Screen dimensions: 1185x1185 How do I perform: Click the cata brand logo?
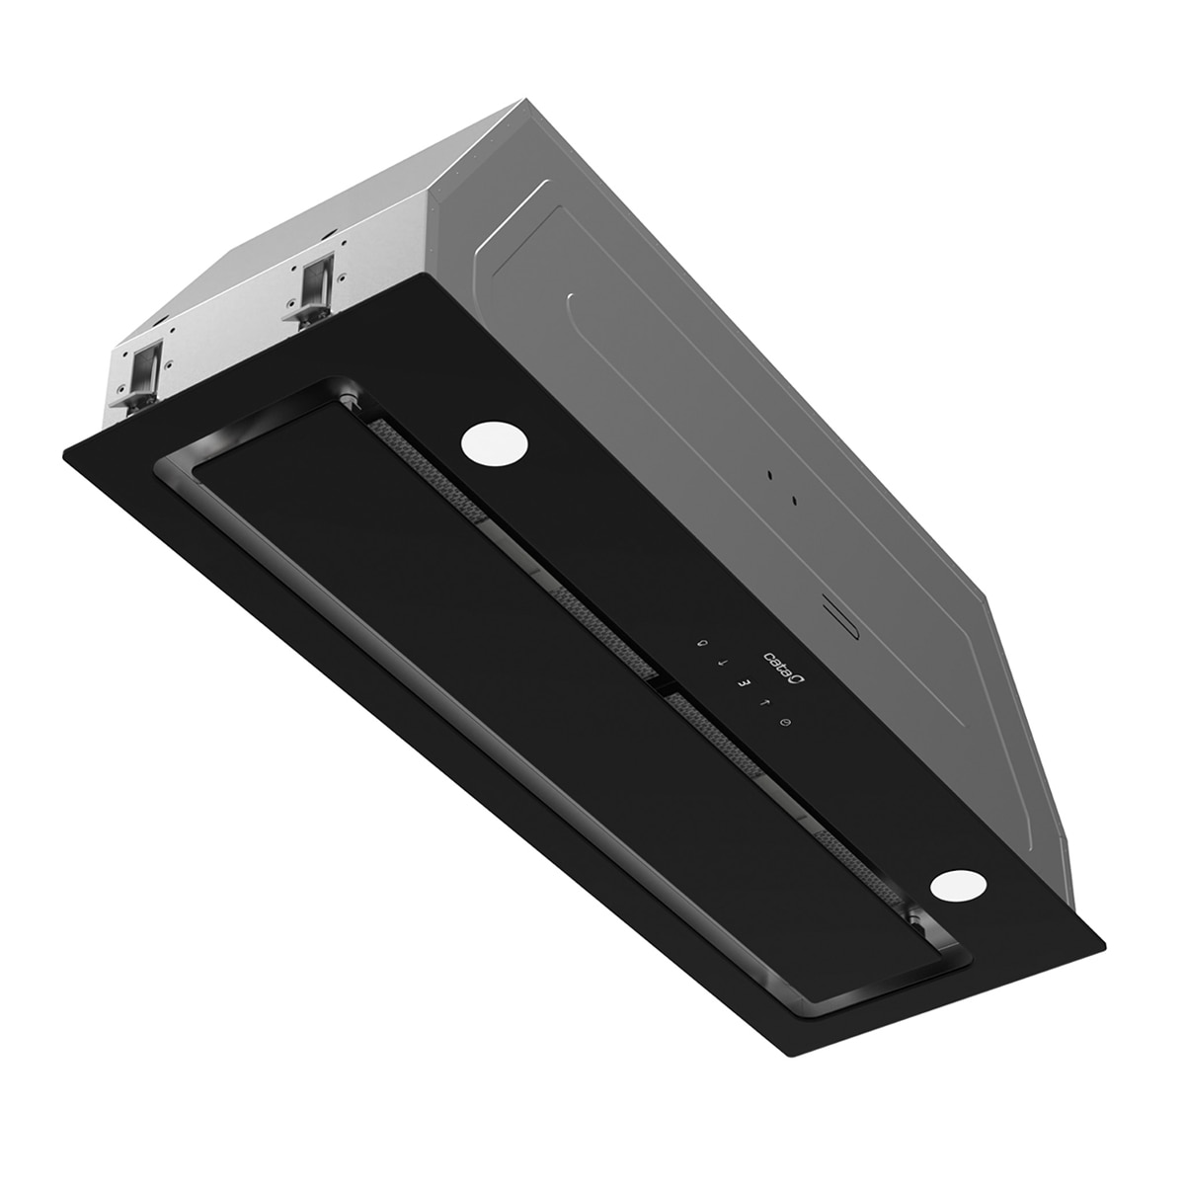coord(781,672)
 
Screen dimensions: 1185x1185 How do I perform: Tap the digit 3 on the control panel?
coord(745,682)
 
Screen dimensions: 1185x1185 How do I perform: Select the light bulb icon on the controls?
coord(703,643)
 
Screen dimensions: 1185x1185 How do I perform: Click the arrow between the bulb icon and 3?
coord(723,663)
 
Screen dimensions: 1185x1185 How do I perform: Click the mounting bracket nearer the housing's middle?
coord(314,289)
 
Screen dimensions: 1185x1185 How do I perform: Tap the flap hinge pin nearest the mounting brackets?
coord(350,400)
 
